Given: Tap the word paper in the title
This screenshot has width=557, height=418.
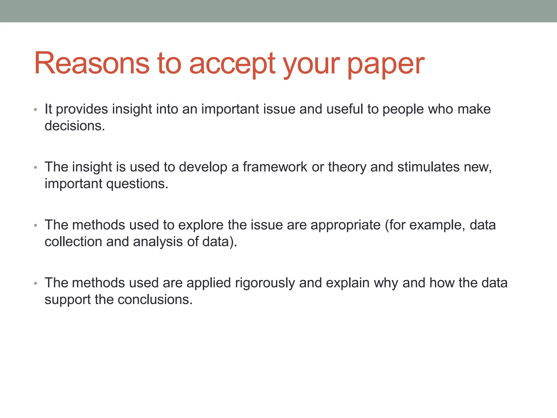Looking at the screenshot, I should pyautogui.click(x=386, y=65).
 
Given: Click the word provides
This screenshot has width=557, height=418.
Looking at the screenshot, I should pyautogui.click(x=82, y=109).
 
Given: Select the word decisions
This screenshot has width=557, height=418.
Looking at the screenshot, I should pyautogui.click(x=75, y=126).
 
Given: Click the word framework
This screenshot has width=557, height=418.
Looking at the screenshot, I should pyautogui.click(x=275, y=167).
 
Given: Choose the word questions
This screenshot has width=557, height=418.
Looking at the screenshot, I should pyautogui.click(x=137, y=184).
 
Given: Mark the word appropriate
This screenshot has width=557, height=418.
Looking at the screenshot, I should pyautogui.click(x=345, y=225).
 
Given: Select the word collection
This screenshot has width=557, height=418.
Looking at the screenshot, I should pyautogui.click(x=73, y=242).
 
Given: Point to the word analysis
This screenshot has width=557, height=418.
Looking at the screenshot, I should pyautogui.click(x=158, y=242).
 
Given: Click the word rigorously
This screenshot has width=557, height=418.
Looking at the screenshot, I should pyautogui.click(x=265, y=283).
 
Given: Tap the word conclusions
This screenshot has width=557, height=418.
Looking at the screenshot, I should pyautogui.click(x=155, y=300).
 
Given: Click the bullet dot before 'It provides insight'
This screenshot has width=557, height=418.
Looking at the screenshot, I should pyautogui.click(x=35, y=110).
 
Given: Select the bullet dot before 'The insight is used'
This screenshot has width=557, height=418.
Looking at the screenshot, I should pyautogui.click(x=35, y=168).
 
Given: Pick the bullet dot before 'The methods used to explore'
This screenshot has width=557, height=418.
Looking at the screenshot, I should pyautogui.click(x=35, y=226).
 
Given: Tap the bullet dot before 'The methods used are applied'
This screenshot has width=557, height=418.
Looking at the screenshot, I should pyautogui.click(x=35, y=284).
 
